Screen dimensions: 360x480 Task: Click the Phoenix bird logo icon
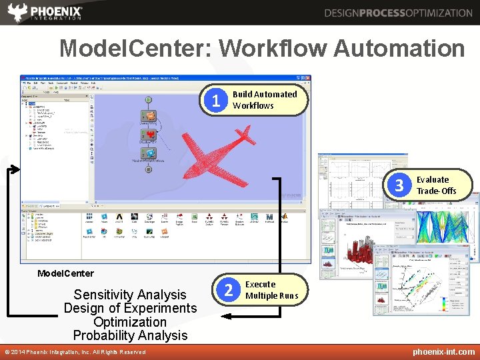18,12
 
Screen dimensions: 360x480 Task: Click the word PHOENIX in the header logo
57,11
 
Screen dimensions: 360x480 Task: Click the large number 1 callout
215,101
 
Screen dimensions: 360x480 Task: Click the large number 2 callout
229,290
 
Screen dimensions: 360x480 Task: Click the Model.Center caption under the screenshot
65,273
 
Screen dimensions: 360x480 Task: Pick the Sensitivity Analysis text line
130,295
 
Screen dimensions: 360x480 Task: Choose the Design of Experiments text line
130,308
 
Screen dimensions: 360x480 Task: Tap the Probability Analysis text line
130,335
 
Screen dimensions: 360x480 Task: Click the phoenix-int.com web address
443,351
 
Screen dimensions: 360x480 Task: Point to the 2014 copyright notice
75,352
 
